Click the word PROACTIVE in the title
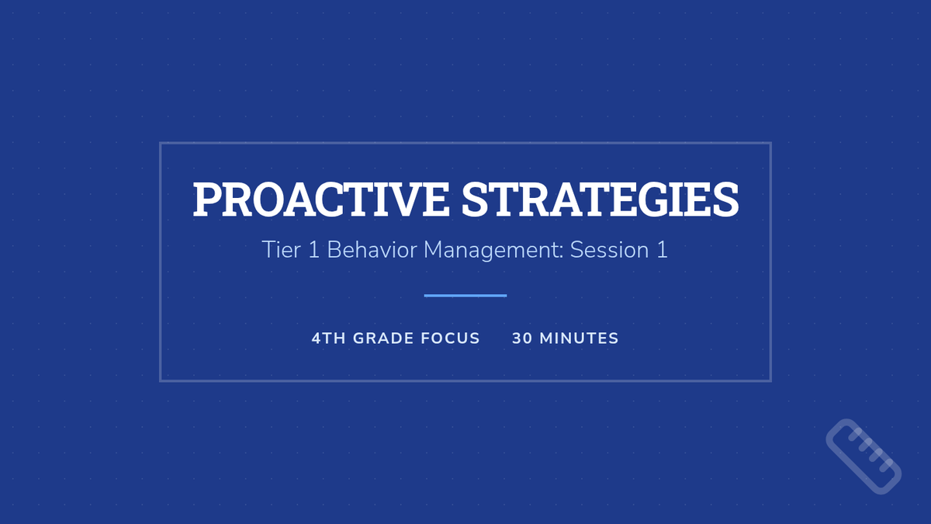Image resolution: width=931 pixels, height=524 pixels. coord(321,200)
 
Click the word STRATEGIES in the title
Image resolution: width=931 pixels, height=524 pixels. coord(600,200)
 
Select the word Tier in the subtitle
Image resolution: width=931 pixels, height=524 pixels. coord(282,250)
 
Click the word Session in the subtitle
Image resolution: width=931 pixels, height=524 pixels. coord(609,250)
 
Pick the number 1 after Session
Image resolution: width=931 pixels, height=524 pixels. coord(662,250)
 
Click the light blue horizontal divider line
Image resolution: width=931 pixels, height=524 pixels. coord(465,296)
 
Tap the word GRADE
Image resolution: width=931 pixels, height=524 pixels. coord(383,338)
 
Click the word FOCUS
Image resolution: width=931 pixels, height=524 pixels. coord(451,338)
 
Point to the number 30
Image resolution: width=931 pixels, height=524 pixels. coord(522,338)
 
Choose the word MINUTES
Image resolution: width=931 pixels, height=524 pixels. coord(579,338)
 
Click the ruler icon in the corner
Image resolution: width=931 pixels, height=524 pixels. coord(864,456)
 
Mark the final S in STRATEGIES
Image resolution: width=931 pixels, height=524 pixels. coord(725,200)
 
